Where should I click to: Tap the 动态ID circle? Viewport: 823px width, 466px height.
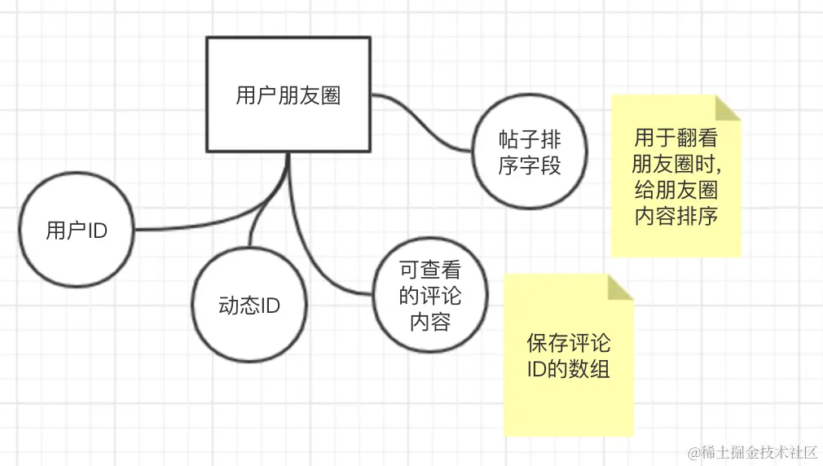[x=249, y=306]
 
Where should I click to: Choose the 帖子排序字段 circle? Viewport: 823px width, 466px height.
[x=530, y=152]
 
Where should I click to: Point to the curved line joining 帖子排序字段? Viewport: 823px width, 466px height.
[x=424, y=122]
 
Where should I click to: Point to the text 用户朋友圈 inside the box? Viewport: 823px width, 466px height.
[x=288, y=96]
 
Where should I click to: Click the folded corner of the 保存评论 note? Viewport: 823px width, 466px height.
[x=621, y=287]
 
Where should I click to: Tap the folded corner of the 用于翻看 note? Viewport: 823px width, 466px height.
[x=728, y=108]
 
